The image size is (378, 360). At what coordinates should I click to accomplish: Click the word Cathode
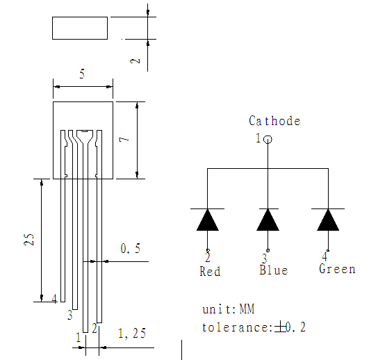274,121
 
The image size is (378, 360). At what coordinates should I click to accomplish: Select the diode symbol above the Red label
208,220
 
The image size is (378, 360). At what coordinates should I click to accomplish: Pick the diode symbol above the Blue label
268,220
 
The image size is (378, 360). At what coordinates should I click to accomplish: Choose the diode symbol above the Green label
328,220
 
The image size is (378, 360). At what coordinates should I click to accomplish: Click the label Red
210,271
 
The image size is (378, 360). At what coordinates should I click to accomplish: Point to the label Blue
273,270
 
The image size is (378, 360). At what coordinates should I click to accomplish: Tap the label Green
337,269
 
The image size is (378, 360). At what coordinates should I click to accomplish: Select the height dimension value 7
124,140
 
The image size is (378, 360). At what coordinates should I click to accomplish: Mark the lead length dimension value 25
28,240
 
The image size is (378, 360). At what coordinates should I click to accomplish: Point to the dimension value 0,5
130,248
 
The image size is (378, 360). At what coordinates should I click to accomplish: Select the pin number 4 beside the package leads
54,299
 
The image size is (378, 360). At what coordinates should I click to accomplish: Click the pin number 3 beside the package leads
69,316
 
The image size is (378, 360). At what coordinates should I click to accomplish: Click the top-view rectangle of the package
80,28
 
